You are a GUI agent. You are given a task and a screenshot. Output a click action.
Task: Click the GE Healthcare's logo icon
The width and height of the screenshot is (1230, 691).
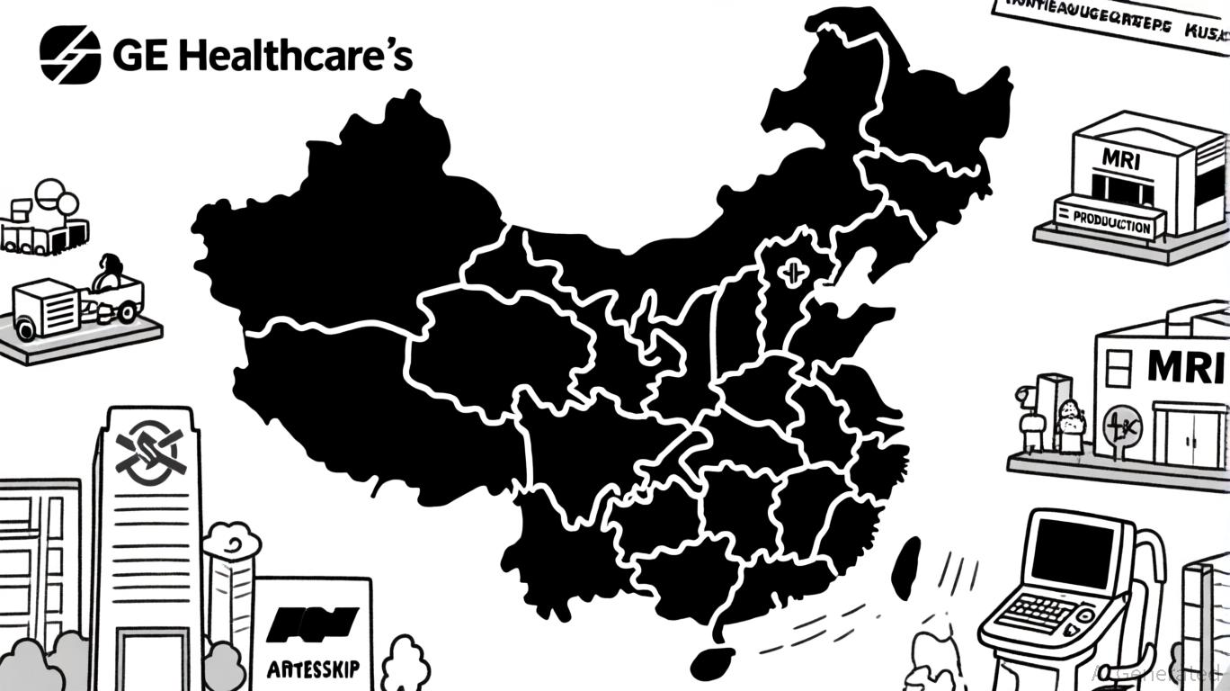click(x=70, y=54)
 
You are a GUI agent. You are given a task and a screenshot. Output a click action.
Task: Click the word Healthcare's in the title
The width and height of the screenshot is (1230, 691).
click(x=296, y=56)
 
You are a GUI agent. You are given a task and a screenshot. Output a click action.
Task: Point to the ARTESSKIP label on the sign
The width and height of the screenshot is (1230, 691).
click(x=313, y=669)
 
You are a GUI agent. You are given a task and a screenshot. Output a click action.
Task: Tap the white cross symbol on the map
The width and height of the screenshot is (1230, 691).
click(x=793, y=271)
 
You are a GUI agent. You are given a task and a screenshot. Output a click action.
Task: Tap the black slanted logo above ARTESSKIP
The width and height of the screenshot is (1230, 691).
click(x=313, y=621)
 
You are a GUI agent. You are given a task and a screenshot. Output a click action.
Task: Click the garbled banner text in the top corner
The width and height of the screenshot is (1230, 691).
click(x=1106, y=20)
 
